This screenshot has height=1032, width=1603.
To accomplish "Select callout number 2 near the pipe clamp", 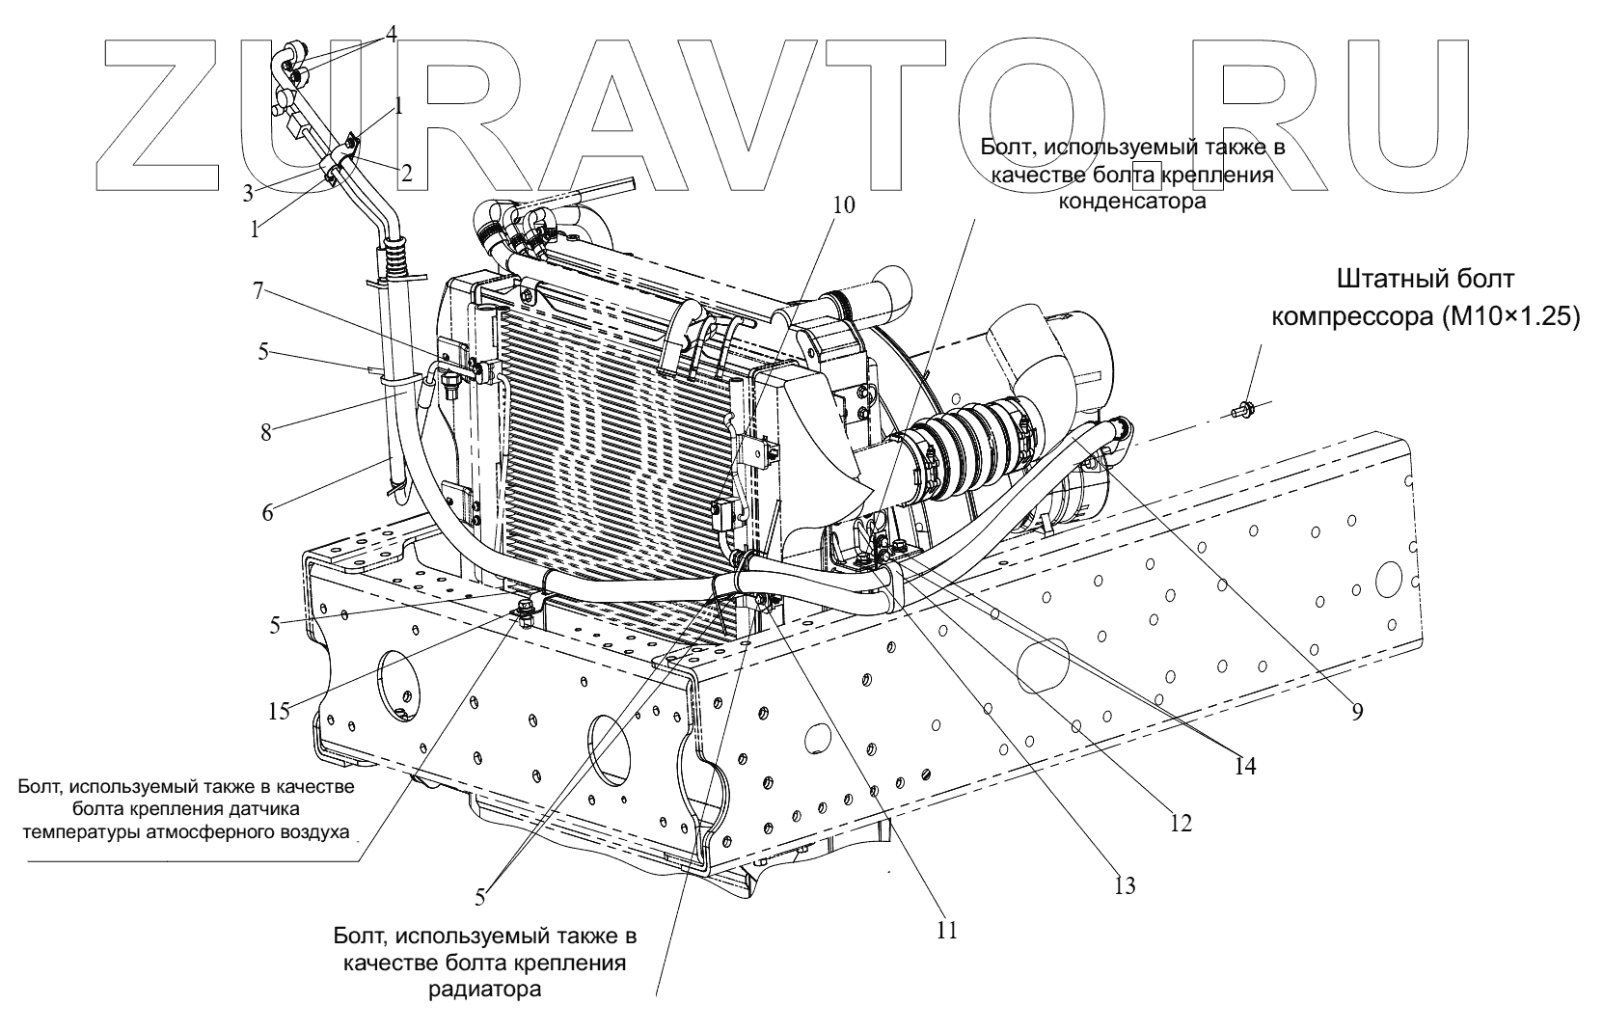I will tap(407, 174).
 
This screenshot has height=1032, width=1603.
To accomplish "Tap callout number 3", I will tap(248, 192).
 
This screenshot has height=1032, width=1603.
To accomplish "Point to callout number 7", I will tap(258, 291).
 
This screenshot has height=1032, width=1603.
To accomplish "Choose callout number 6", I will tap(267, 512).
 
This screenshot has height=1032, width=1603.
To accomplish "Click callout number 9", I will tap(1356, 712).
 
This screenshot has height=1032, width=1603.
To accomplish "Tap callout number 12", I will tap(1182, 823).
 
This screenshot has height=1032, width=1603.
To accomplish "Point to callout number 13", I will tap(1124, 884).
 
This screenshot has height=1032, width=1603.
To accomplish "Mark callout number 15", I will tap(278, 712).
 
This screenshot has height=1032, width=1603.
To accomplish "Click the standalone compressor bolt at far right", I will tap(1244, 413).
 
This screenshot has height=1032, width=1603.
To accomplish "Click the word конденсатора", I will tap(1132, 202).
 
